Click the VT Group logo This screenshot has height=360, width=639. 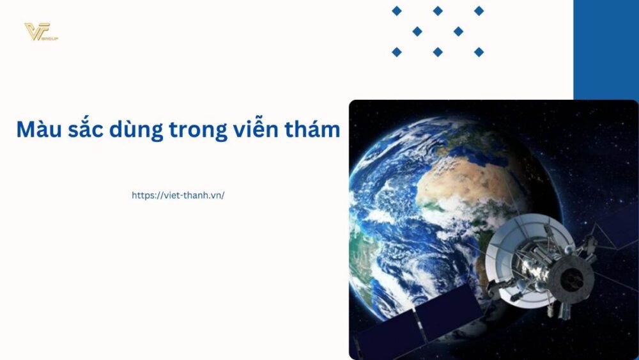[x=40, y=32]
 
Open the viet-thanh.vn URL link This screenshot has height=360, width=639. [x=178, y=196]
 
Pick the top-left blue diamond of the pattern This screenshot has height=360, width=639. [x=397, y=11]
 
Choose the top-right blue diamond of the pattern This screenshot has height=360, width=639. [x=479, y=11]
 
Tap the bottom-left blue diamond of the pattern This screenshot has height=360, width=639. [x=397, y=52]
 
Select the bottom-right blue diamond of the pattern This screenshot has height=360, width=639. [x=479, y=52]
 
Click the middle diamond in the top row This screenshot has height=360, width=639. [x=438, y=11]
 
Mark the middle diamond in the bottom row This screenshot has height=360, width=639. [x=438, y=52]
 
